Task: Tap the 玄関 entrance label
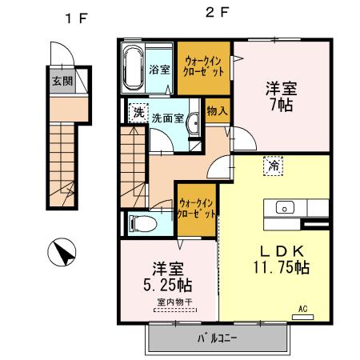coord(62,82)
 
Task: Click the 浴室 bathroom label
coord(159,69)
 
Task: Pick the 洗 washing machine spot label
coord(138,113)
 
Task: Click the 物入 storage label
coord(216,110)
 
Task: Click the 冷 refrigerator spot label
coord(274,166)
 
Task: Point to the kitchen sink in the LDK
coord(284,208)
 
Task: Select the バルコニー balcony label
coord(218,338)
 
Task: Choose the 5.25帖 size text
coord(167,284)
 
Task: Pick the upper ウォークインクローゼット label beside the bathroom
coord(206,63)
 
